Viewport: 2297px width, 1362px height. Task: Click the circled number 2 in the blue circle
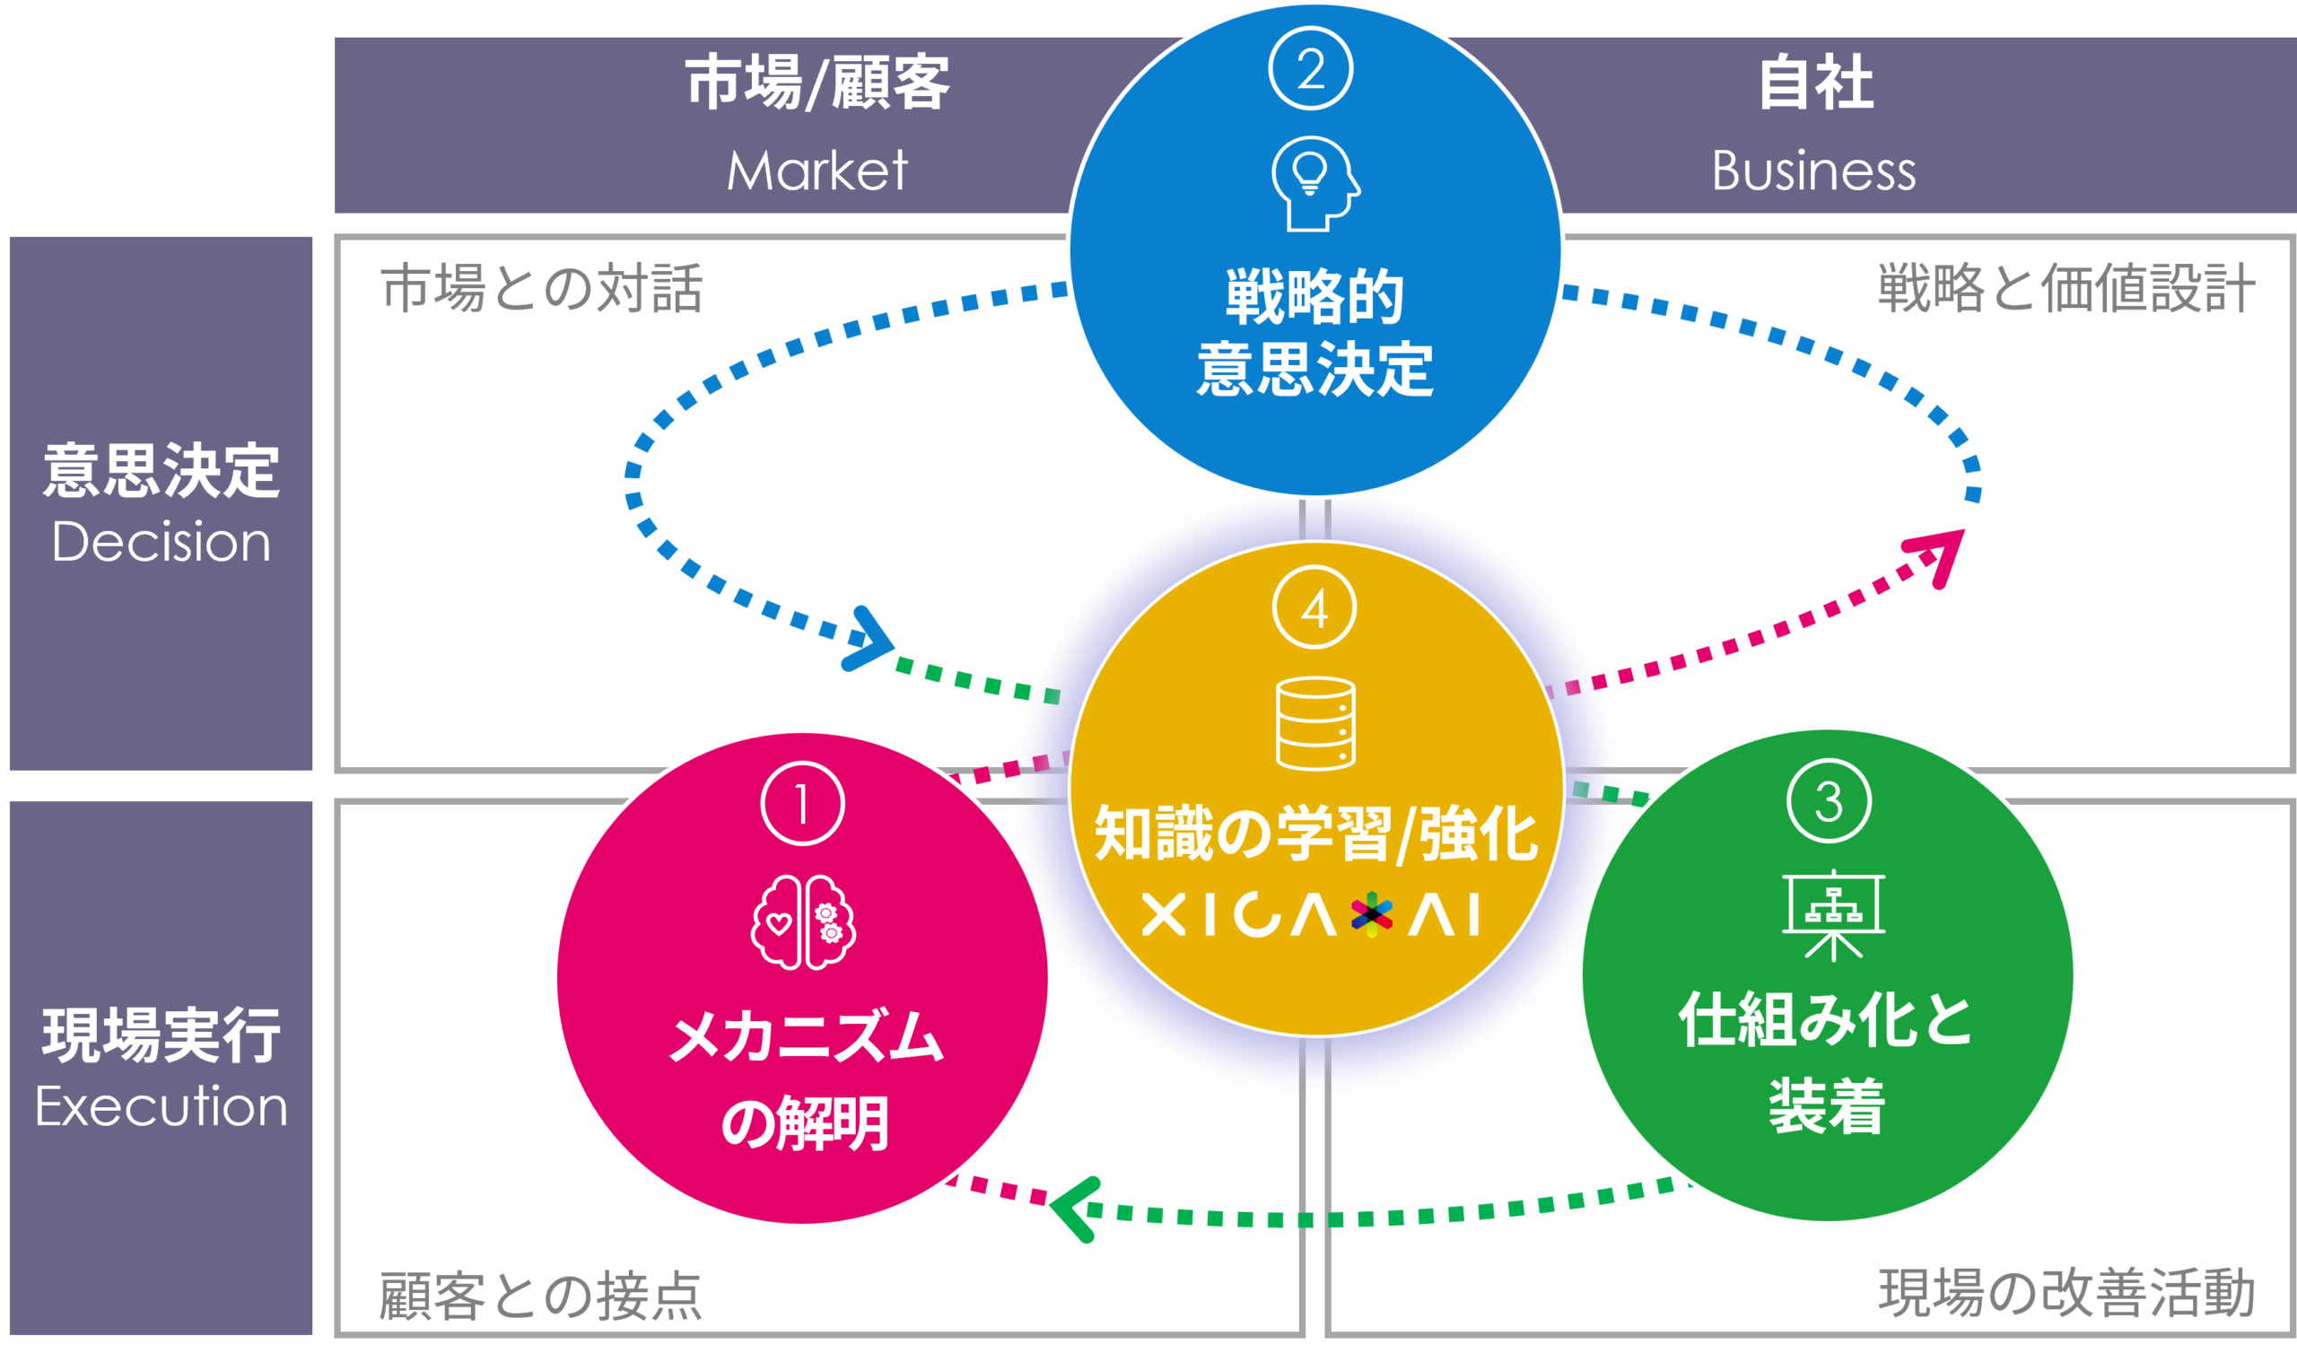tap(1311, 69)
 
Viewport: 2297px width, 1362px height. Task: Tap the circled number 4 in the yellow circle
tap(1314, 607)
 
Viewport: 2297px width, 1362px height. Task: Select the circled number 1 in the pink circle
tap(802, 804)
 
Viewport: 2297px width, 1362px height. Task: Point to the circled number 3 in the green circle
tap(1829, 801)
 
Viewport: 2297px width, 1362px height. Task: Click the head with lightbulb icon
tap(1314, 184)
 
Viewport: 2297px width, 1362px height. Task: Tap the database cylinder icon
tap(1315, 724)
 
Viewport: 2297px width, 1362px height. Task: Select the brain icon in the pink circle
tap(803, 921)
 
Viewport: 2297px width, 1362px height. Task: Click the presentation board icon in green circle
tap(1833, 914)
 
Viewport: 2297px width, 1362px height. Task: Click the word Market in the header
tap(817, 170)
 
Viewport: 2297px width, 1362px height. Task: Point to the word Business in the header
tap(1813, 170)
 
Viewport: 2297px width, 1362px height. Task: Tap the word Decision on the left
tap(162, 543)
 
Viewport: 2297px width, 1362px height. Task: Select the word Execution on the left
tap(162, 1107)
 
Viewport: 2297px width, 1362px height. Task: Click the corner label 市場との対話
tap(541, 289)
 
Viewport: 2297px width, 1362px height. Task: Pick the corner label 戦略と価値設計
tap(2066, 289)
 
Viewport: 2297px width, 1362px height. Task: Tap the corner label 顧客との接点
tap(539, 1296)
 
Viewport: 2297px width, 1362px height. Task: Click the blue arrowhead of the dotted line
tap(869, 639)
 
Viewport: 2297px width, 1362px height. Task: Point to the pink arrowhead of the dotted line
tap(1938, 555)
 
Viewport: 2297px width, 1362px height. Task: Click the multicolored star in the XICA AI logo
tap(1371, 915)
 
